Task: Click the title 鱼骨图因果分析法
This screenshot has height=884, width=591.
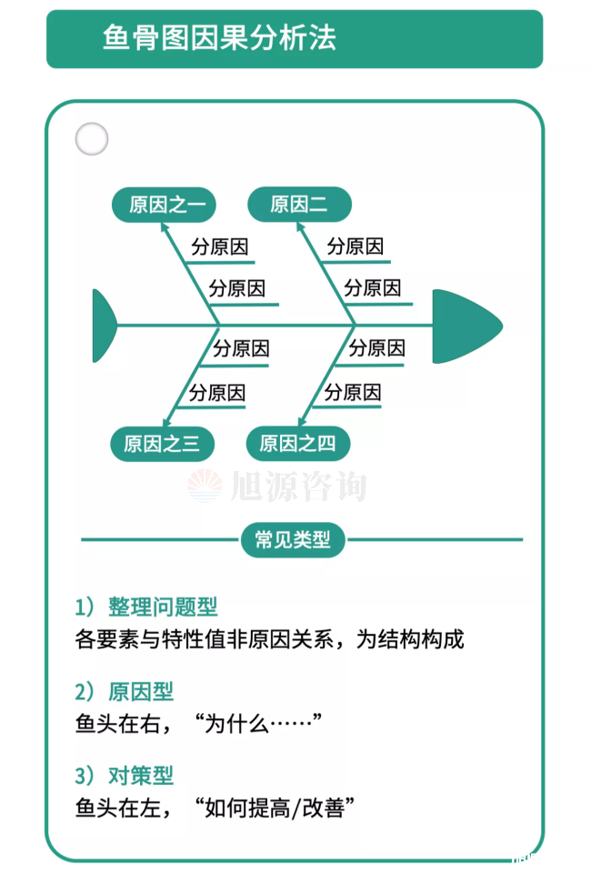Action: pos(219,38)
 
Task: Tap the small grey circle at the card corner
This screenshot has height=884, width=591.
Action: pos(91,139)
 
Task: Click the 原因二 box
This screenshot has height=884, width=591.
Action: pos(299,205)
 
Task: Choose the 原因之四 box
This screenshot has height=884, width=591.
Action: pos(297,444)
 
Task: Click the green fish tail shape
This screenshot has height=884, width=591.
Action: pos(104,325)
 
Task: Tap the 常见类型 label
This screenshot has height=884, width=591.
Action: pos(293,540)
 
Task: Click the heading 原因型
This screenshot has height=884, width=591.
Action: pos(140,692)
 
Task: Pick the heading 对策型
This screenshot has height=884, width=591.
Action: pos(140,776)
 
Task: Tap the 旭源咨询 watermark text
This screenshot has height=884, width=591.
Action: pos(300,487)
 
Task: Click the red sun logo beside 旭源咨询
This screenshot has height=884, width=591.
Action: pos(205,486)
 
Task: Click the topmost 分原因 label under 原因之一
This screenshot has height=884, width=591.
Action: pos(220,246)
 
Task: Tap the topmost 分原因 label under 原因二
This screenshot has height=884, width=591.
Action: pos(356,246)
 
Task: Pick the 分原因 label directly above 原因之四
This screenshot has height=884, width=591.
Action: pos(353,393)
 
